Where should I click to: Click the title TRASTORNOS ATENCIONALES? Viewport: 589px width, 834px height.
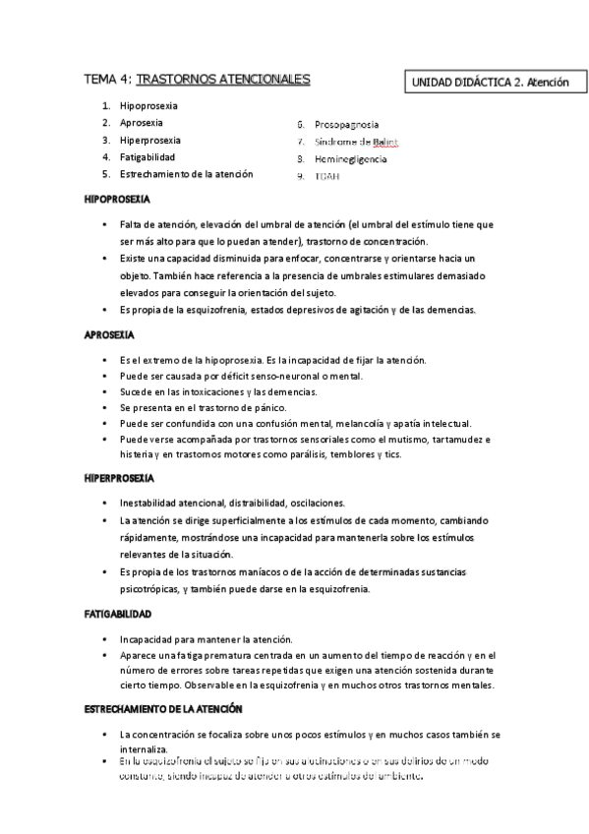tap(222, 79)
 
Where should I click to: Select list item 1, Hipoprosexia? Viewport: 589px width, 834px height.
tap(148, 105)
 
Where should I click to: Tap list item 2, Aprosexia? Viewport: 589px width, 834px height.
tap(142, 122)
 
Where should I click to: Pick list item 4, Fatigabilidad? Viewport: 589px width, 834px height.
tap(147, 157)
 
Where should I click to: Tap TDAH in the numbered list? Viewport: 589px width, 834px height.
tap(327, 176)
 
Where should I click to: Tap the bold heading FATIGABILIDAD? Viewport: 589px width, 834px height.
tap(117, 613)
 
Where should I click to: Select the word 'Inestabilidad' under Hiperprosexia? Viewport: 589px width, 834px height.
tap(149, 503)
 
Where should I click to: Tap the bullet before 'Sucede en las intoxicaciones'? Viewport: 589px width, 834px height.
tap(104, 391)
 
